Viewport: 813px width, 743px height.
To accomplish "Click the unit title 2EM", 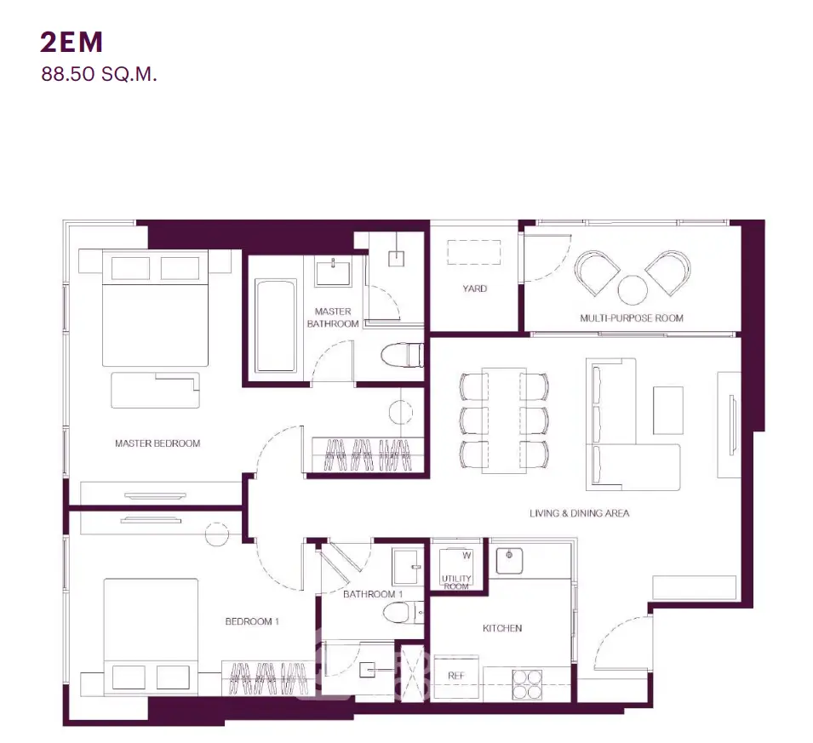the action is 72,42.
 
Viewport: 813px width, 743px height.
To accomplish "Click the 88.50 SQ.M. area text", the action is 99,74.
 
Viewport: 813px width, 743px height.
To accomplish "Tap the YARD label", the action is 474,289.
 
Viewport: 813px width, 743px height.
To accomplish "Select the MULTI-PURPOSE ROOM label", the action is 632,317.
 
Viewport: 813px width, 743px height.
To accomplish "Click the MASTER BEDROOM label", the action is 157,443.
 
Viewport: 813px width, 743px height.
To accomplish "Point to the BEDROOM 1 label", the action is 252,621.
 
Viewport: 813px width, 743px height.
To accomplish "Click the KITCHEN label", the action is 502,628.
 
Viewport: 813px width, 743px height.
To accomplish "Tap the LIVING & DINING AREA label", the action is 579,513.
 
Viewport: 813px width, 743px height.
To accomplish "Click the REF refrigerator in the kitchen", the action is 455,676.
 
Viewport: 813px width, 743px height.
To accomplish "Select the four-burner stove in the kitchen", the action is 527,684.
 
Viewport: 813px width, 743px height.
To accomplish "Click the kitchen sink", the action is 509,561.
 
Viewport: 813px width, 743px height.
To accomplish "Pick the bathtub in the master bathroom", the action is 275,326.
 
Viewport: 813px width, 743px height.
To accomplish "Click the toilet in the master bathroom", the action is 403,355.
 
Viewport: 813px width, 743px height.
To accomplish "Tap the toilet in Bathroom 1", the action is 404,613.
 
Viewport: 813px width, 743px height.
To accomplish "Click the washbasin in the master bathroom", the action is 332,271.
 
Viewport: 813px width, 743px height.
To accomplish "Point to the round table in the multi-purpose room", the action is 633,290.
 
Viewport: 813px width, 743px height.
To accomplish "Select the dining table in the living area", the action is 504,420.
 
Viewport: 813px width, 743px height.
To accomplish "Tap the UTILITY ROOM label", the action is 456,582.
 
